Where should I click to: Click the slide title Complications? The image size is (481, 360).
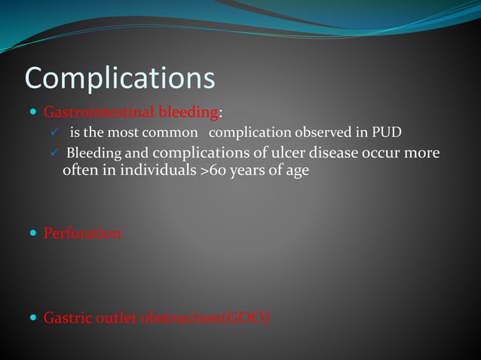pyautogui.click(x=120, y=78)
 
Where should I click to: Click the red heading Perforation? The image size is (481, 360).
pyautogui.click(x=82, y=233)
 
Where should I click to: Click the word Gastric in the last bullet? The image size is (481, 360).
pyautogui.click(x=66, y=318)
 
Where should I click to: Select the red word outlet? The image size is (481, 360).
pyautogui.click(x=114, y=318)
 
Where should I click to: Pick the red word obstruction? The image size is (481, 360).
pyautogui.click(x=177, y=318)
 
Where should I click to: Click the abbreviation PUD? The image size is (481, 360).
pyautogui.click(x=387, y=133)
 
